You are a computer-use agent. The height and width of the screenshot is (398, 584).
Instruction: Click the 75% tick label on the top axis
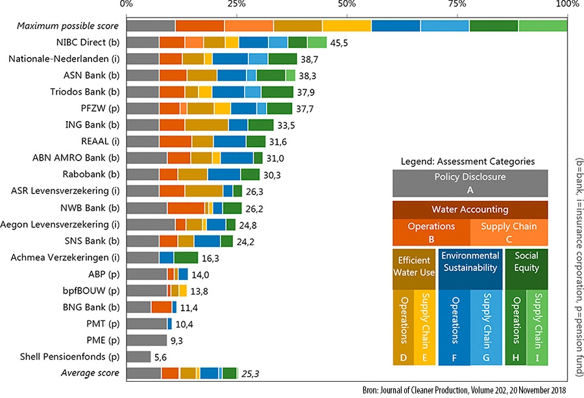[457, 6]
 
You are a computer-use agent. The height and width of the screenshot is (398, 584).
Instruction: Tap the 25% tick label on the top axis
[237, 6]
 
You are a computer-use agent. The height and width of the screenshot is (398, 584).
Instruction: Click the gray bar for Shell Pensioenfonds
[139, 357]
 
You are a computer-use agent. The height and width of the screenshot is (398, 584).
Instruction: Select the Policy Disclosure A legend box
[470, 182]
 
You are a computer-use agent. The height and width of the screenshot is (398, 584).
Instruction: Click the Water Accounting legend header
[470, 210]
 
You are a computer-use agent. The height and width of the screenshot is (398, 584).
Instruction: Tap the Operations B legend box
[431, 233]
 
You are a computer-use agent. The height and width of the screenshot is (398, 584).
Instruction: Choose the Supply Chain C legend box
[509, 233]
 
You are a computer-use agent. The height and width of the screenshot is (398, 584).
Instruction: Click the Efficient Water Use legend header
[413, 266]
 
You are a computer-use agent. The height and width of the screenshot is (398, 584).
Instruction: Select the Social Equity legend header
[526, 266]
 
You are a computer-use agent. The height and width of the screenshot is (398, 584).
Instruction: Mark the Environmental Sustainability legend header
[470, 266]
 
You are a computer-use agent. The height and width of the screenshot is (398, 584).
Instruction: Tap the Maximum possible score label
[68, 26]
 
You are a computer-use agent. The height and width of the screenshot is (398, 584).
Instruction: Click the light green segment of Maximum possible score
[542, 26]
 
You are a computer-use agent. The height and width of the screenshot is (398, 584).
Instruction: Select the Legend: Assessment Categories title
[467, 160]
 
